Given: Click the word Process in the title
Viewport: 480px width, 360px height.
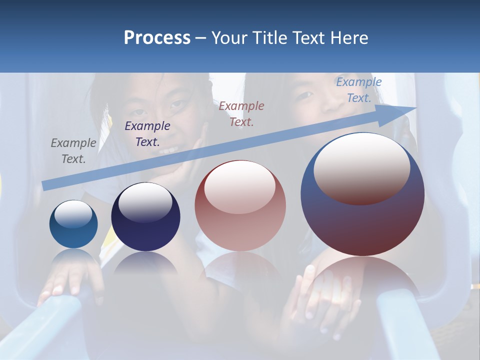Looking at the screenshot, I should click(157, 38).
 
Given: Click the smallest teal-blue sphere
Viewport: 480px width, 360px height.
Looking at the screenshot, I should click(73, 224).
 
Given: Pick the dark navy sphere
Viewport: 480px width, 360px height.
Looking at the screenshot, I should click(145, 217).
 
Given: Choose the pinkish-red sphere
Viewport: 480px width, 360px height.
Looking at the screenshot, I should click(240, 205).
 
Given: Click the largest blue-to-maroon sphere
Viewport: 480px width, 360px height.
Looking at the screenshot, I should click(362, 194).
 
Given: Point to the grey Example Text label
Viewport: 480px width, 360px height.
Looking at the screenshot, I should click(73, 151).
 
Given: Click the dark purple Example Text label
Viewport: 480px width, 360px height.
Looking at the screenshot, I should click(147, 134).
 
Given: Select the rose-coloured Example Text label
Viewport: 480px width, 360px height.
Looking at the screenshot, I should click(241, 113).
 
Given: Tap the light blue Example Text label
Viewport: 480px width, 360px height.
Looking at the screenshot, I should click(359, 90).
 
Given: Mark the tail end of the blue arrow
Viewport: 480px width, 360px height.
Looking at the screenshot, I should click(44, 186).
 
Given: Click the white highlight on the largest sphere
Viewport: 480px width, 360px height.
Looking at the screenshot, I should click(362, 168).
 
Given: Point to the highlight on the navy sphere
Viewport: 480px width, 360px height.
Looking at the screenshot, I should click(145, 202).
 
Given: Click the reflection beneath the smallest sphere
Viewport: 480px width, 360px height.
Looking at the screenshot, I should click(74, 257).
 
